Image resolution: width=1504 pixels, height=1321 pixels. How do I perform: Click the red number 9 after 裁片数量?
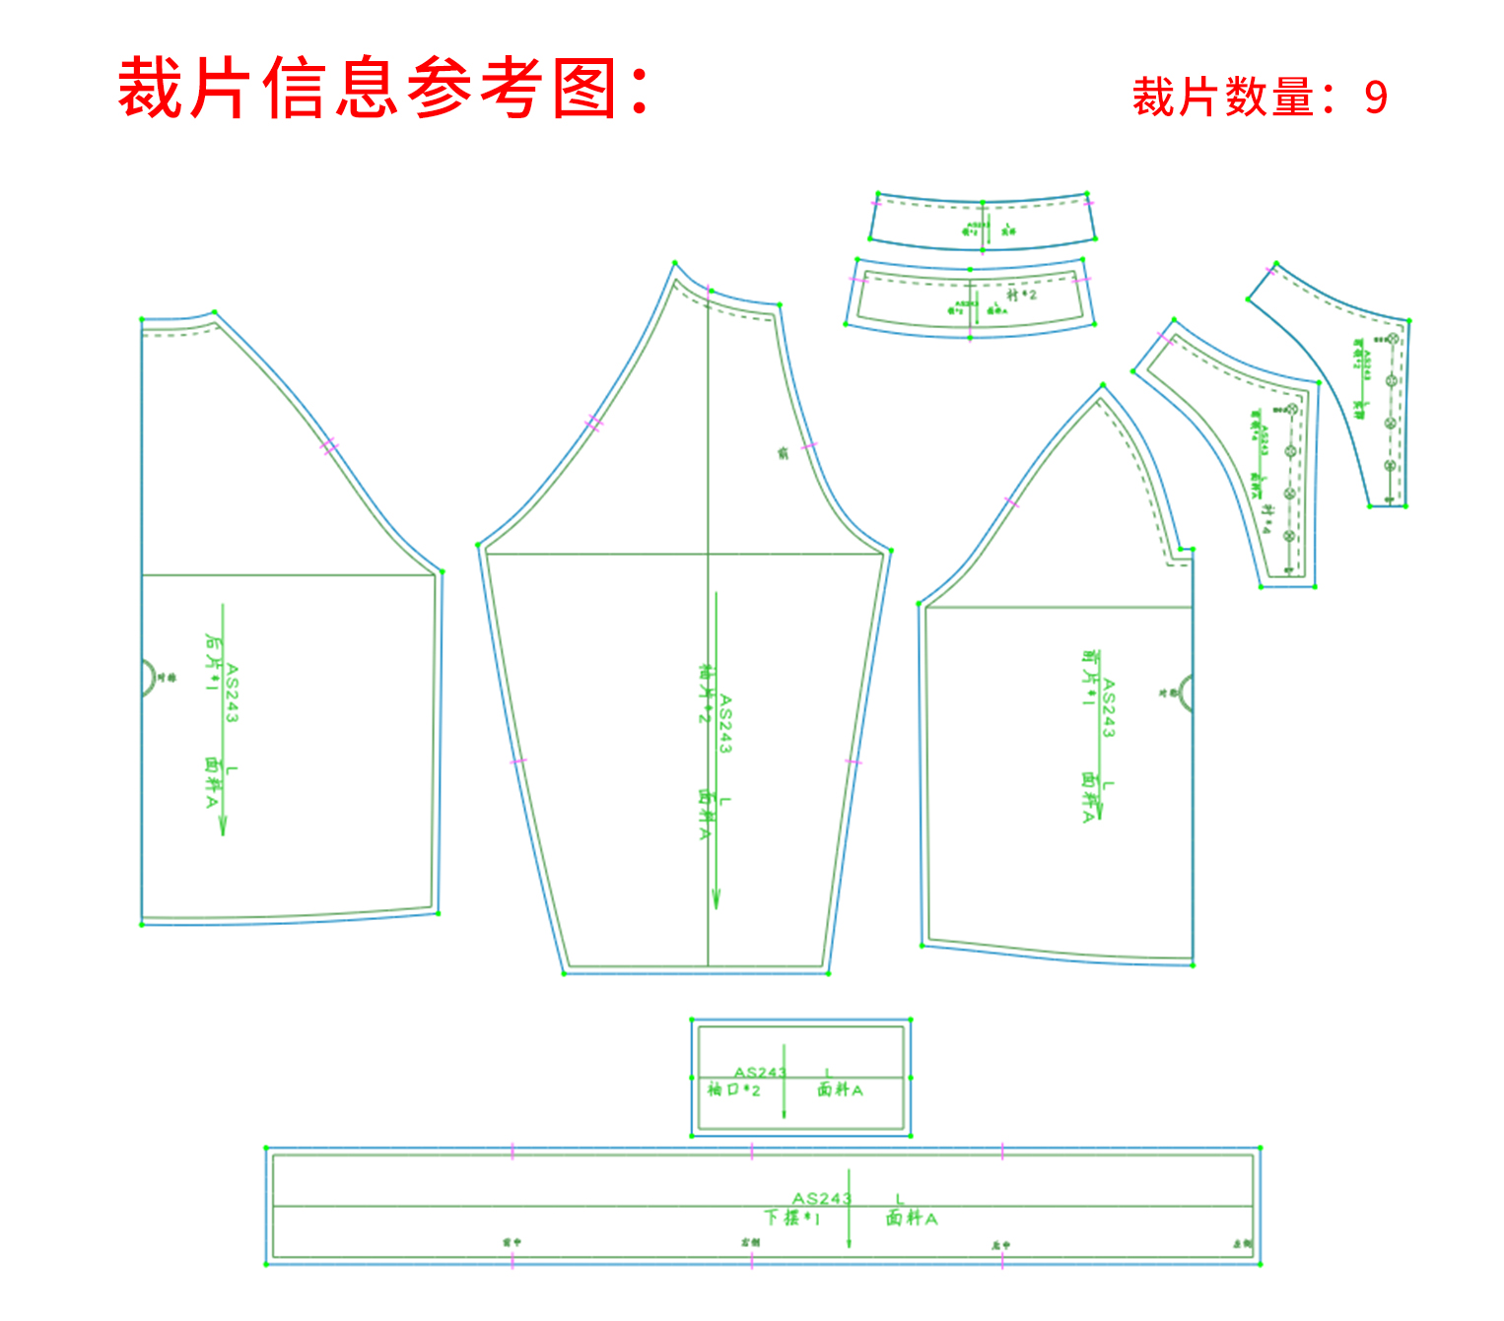click(1375, 98)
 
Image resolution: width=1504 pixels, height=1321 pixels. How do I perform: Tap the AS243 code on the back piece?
click(232, 693)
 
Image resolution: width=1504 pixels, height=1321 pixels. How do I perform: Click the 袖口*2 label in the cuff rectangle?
click(734, 1090)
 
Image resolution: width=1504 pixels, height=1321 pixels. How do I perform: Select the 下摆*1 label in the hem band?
click(792, 1218)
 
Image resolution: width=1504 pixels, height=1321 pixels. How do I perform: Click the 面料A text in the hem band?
click(912, 1219)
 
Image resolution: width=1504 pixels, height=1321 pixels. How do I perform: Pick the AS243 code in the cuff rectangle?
click(760, 1073)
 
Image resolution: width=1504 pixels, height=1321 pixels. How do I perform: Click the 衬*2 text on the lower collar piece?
click(1021, 295)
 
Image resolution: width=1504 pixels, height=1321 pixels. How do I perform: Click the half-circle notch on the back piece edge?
click(148, 678)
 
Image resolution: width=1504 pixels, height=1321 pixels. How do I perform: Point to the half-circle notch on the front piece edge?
click(1186, 693)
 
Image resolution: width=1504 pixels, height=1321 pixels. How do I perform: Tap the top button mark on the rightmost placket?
click(1393, 339)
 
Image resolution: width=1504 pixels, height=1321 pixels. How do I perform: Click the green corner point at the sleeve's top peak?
click(675, 263)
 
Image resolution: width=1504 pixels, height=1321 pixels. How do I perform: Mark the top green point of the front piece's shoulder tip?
click(1103, 385)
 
